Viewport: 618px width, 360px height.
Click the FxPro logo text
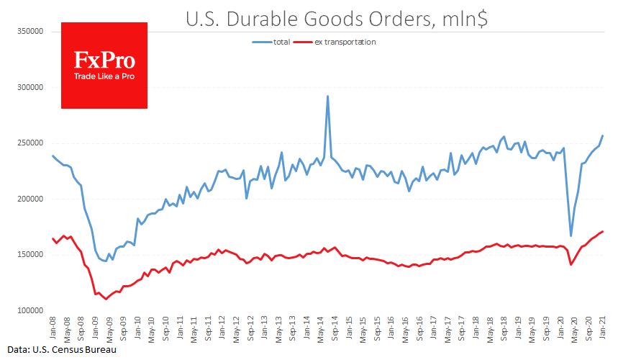pos(104,60)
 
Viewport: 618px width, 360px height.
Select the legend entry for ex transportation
pos(345,42)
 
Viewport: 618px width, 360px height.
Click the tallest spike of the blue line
pos(328,96)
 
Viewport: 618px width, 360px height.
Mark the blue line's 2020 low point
pos(571,235)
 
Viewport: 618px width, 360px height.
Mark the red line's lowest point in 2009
pos(106,299)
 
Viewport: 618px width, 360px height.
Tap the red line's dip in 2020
pos(571,264)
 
